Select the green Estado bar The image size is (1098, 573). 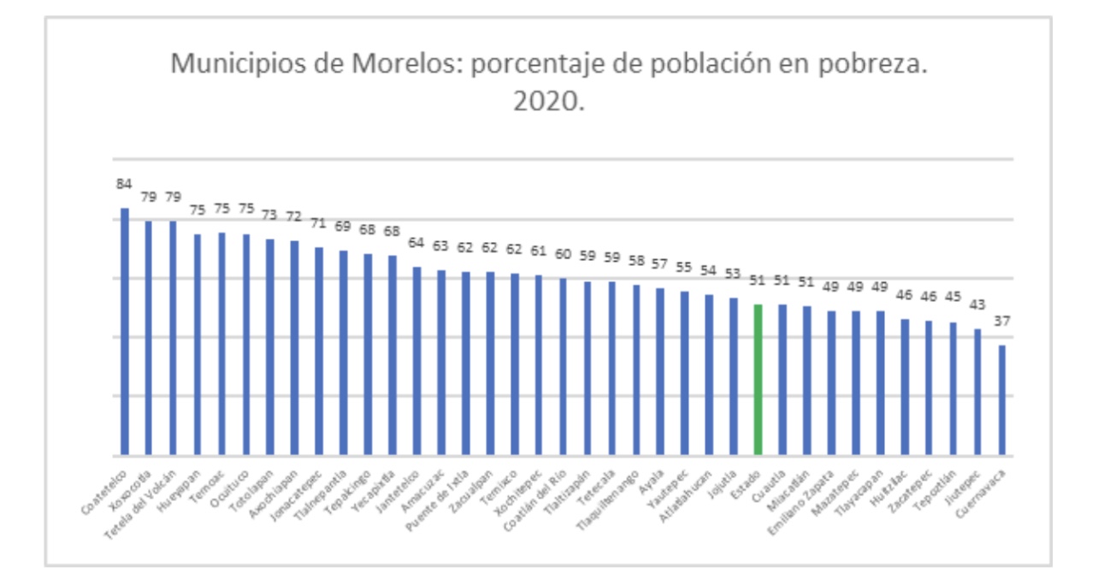758,380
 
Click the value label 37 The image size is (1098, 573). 1001,321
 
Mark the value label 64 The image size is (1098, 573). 416,243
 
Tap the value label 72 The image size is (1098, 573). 294,217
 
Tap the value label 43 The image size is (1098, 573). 977,305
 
